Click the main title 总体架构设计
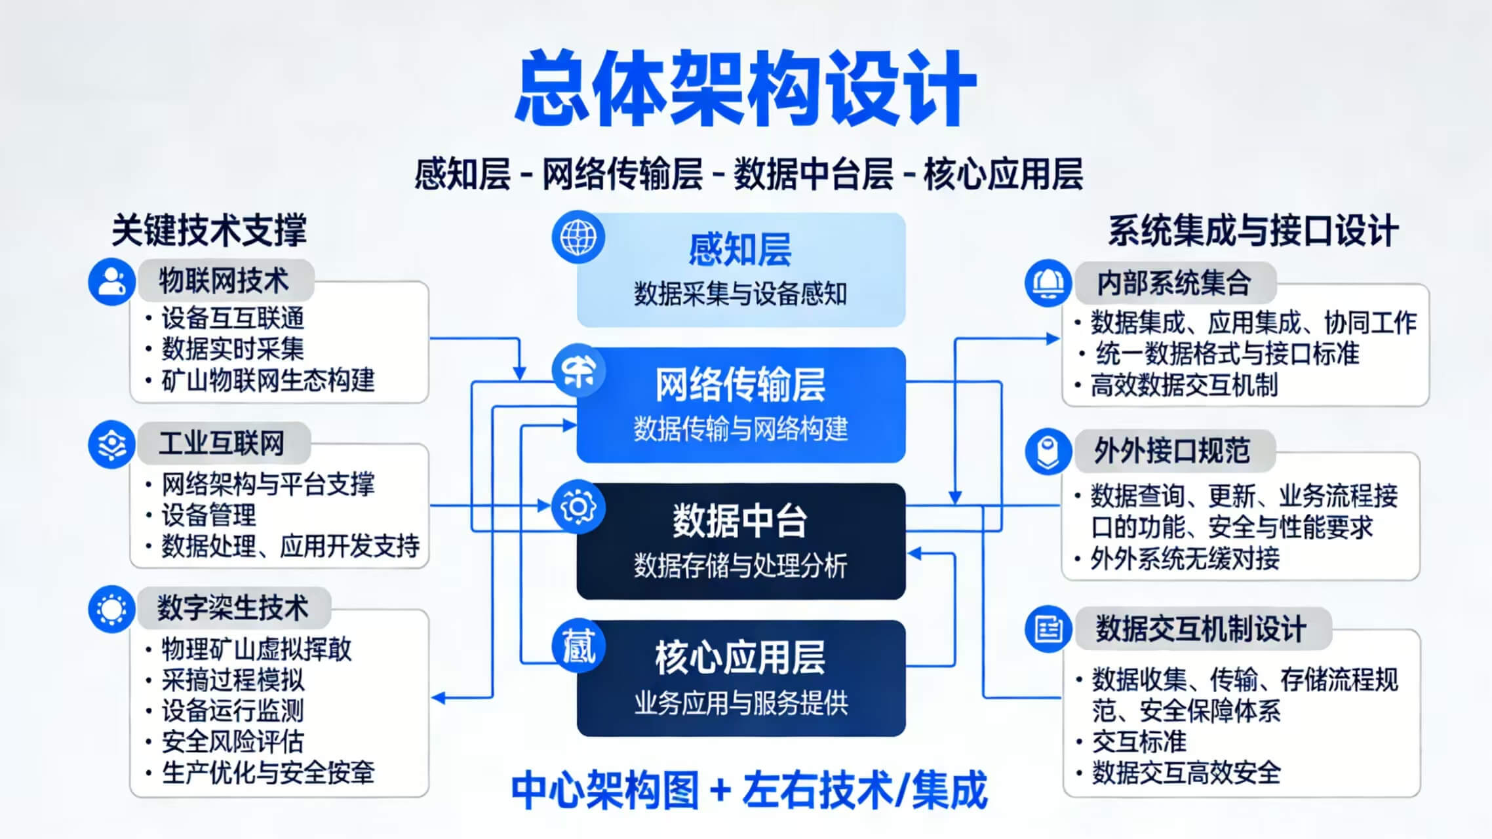point(745,88)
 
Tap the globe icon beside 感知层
point(578,237)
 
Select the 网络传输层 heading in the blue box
point(740,385)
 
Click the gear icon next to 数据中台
point(578,506)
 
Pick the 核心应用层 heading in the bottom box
point(740,657)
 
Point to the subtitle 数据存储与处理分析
point(740,565)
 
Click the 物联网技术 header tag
point(224,281)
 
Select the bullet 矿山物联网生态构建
point(267,380)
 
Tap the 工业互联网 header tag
point(222,443)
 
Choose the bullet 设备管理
point(208,515)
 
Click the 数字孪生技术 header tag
point(232,607)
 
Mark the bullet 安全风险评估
point(233,741)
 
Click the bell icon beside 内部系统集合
point(1048,283)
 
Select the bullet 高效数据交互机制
point(1184,385)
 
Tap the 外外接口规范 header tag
point(1172,451)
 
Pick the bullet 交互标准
point(1139,741)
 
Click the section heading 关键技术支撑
point(209,230)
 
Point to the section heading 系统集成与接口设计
point(1253,231)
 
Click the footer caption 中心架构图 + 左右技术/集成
point(749,790)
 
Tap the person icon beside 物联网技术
point(111,282)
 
